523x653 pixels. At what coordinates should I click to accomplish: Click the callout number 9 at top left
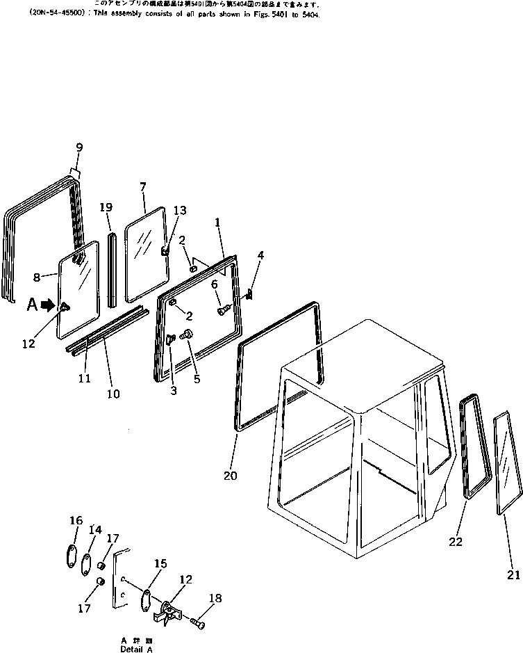click(79, 147)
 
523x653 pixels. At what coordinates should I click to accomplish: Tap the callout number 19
click(106, 207)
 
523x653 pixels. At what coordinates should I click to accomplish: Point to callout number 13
click(179, 211)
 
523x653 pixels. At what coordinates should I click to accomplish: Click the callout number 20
click(231, 476)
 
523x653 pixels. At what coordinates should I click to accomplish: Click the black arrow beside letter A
click(47, 304)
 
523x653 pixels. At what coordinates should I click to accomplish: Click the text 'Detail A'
click(135, 649)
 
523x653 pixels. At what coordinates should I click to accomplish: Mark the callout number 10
click(113, 394)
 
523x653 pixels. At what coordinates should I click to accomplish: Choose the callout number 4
click(260, 256)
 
